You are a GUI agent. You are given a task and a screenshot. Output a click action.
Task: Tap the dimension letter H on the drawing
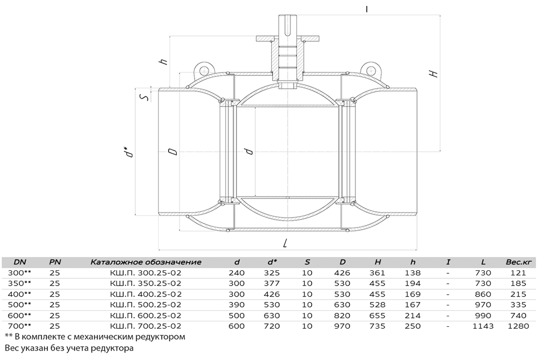coord(433,73)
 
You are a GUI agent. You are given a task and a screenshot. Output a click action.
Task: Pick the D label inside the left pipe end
coord(172,152)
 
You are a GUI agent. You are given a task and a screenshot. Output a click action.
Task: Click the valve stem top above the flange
coord(287,24)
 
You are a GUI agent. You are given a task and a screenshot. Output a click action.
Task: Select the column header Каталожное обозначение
coord(146,262)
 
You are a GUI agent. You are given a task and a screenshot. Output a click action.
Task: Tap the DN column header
coord(20,262)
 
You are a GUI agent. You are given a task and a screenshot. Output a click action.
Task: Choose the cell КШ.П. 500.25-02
coord(146,305)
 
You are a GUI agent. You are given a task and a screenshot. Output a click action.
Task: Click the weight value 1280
coord(518,326)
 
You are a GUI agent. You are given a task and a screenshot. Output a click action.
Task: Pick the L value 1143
coord(483,326)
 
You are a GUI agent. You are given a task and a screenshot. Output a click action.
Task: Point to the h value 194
coord(413,284)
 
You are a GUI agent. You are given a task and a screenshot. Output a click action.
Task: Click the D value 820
coord(342,316)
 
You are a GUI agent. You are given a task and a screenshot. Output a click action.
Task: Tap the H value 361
coord(378,273)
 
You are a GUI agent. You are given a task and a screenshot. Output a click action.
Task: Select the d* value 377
coord(272,284)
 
